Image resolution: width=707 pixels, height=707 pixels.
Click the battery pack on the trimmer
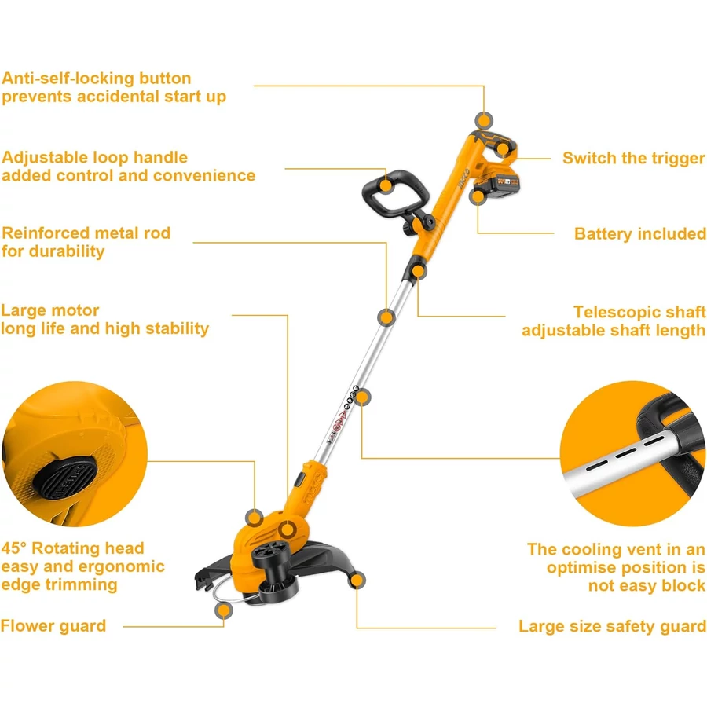496,185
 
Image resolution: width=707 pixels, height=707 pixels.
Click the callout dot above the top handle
484,121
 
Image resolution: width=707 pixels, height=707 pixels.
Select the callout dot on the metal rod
386,317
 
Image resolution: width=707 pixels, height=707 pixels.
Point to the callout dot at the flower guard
224,610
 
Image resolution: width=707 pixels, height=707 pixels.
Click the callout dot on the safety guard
357,580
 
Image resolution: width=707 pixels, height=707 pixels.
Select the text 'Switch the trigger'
633,158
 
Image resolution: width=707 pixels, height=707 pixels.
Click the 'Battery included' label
639,233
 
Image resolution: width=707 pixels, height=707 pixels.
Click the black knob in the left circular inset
65,478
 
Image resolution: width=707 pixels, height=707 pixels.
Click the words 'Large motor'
50,310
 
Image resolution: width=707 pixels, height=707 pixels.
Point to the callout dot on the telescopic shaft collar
419,271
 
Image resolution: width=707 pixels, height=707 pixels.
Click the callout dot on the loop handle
386,185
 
